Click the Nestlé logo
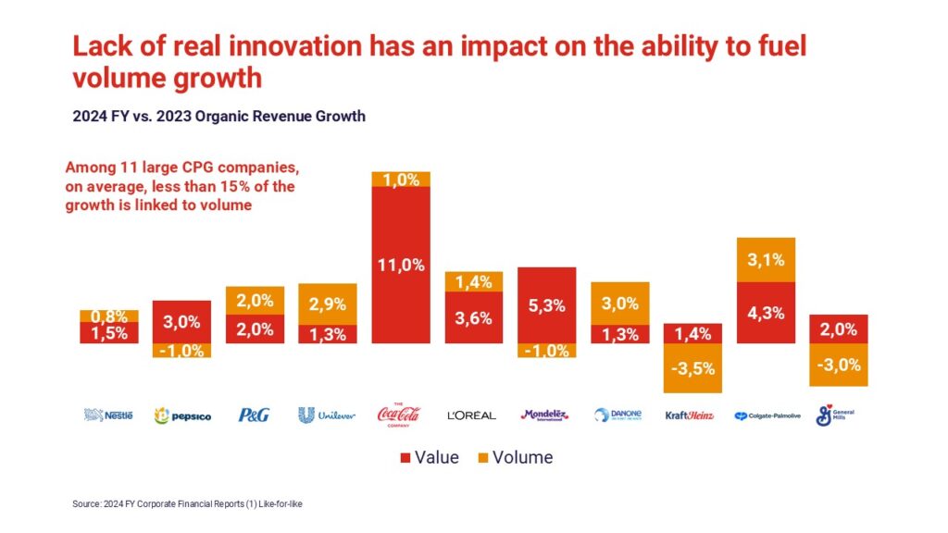click(108, 415)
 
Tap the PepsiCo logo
click(181, 415)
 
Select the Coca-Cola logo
click(400, 414)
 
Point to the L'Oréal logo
click(473, 415)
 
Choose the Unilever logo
click(327, 415)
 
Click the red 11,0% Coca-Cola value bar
click(400, 265)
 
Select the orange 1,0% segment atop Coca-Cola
click(400, 180)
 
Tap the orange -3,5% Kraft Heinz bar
click(692, 367)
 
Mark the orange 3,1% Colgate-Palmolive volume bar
click(766, 260)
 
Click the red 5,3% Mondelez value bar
click(546, 304)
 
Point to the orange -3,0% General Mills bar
click(838, 365)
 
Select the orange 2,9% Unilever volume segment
click(327, 304)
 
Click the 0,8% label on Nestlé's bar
click(109, 316)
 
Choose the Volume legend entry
click(515, 457)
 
